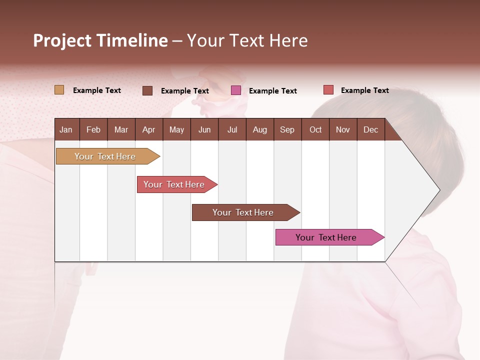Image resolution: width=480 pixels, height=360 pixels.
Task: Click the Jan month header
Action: click(x=66, y=129)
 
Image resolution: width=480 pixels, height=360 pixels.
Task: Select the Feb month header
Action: click(x=93, y=129)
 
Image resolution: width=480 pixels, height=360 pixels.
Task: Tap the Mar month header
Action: click(x=121, y=129)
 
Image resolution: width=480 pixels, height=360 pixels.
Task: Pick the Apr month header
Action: click(x=148, y=129)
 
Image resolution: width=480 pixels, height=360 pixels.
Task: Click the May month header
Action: click(x=176, y=129)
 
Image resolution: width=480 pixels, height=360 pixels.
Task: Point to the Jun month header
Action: click(x=204, y=129)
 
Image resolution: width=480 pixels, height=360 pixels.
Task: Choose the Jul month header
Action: click(x=232, y=129)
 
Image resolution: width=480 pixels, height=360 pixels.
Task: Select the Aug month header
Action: click(x=259, y=129)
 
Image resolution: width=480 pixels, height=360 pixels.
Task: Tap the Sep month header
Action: click(x=287, y=129)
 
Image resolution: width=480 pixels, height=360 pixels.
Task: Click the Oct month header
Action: click(x=315, y=129)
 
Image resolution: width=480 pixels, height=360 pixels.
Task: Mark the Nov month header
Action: click(x=342, y=129)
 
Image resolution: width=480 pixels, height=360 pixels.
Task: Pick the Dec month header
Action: click(x=370, y=129)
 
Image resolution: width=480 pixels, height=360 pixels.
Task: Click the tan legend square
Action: click(x=59, y=90)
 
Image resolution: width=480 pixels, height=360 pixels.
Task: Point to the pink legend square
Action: click(x=236, y=90)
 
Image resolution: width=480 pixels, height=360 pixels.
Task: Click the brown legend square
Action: click(x=147, y=90)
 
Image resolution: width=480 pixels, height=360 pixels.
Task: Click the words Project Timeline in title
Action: click(x=100, y=40)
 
